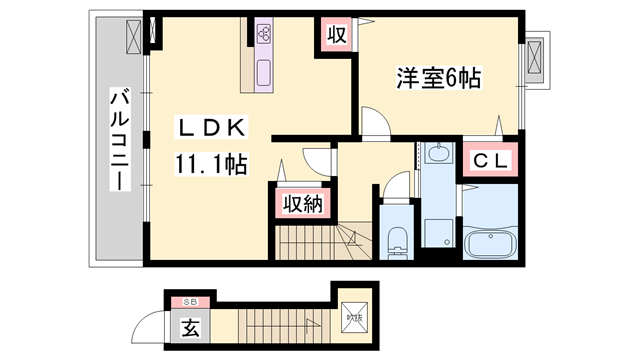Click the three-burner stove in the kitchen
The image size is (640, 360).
265,34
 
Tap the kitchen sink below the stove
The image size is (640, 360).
264,72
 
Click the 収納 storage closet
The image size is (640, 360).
300,204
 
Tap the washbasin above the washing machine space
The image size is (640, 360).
437,154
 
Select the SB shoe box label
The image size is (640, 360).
189,301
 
